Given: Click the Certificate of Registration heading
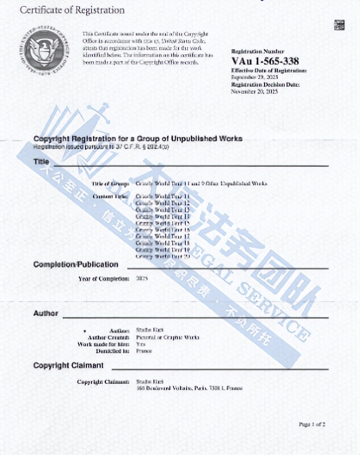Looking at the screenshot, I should pyautogui.click(x=72, y=10).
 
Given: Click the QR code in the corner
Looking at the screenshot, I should pyautogui.click(x=339, y=25).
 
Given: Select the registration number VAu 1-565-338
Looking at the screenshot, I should pyautogui.click(x=265, y=61).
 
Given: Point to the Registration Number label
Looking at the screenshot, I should pyautogui.click(x=258, y=51).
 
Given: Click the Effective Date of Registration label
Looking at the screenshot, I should pyautogui.click(x=269, y=71).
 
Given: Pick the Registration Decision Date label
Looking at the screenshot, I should pyautogui.click(x=266, y=85).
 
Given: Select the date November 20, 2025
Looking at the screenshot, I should pyautogui.click(x=255, y=91).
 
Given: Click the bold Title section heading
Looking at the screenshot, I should pyautogui.click(x=42, y=162).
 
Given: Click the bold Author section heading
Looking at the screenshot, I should pyautogui.click(x=46, y=313).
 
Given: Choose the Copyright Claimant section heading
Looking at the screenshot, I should pyautogui.click(x=68, y=365).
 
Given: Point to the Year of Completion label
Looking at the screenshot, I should pyautogui.click(x=104, y=278).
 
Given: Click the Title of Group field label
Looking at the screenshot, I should pyautogui.click(x=110, y=183).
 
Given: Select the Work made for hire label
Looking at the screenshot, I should pyautogui.click(x=103, y=344).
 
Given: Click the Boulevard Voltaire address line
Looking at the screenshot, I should pyautogui.click(x=189, y=388).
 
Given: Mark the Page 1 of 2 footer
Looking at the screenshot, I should pyautogui.click(x=312, y=424).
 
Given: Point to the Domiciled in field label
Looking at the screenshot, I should pyautogui.click(x=113, y=351).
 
